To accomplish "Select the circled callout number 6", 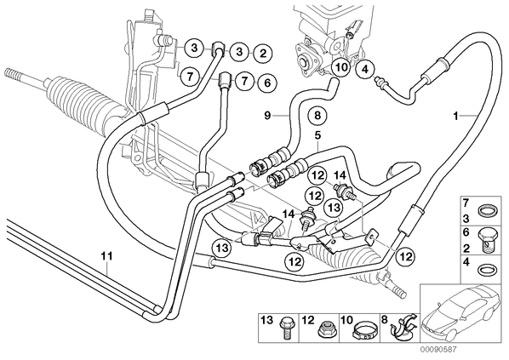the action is [267, 83].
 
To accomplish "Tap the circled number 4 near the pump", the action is [365, 69].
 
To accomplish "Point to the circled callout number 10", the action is [341, 67].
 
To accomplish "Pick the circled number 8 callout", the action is [317, 115].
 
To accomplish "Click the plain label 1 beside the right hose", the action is [455, 116].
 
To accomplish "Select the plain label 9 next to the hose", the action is [267, 115].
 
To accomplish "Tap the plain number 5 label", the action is [317, 136].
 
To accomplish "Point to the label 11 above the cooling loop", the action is [106, 256].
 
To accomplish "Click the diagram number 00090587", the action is [438, 349].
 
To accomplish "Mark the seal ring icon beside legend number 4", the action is [486, 270].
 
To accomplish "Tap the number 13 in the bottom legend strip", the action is [267, 320].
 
